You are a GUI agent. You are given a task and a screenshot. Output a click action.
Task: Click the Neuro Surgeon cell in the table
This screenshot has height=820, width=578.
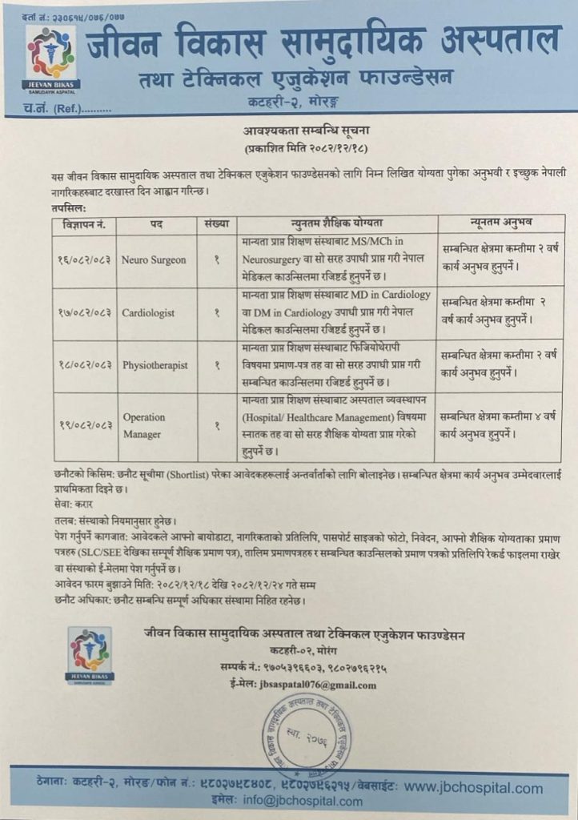tap(154, 260)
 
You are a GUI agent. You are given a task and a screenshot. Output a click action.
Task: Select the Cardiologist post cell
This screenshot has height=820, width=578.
tap(148, 313)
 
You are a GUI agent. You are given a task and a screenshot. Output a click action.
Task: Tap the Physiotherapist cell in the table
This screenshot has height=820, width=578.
tap(155, 365)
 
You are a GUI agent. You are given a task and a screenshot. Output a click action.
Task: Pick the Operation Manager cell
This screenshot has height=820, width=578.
tap(144, 425)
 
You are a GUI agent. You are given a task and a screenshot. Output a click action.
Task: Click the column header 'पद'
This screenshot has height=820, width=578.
tap(156, 223)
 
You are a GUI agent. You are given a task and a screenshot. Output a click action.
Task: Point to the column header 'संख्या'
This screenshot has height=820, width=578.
tap(216, 223)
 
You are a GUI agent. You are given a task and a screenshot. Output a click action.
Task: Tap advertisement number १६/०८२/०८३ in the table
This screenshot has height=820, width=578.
tap(86, 260)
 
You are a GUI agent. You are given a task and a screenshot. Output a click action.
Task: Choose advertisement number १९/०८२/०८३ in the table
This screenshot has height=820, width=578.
tap(86, 425)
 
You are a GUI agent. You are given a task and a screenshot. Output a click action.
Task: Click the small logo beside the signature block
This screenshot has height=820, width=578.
tap(90, 653)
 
